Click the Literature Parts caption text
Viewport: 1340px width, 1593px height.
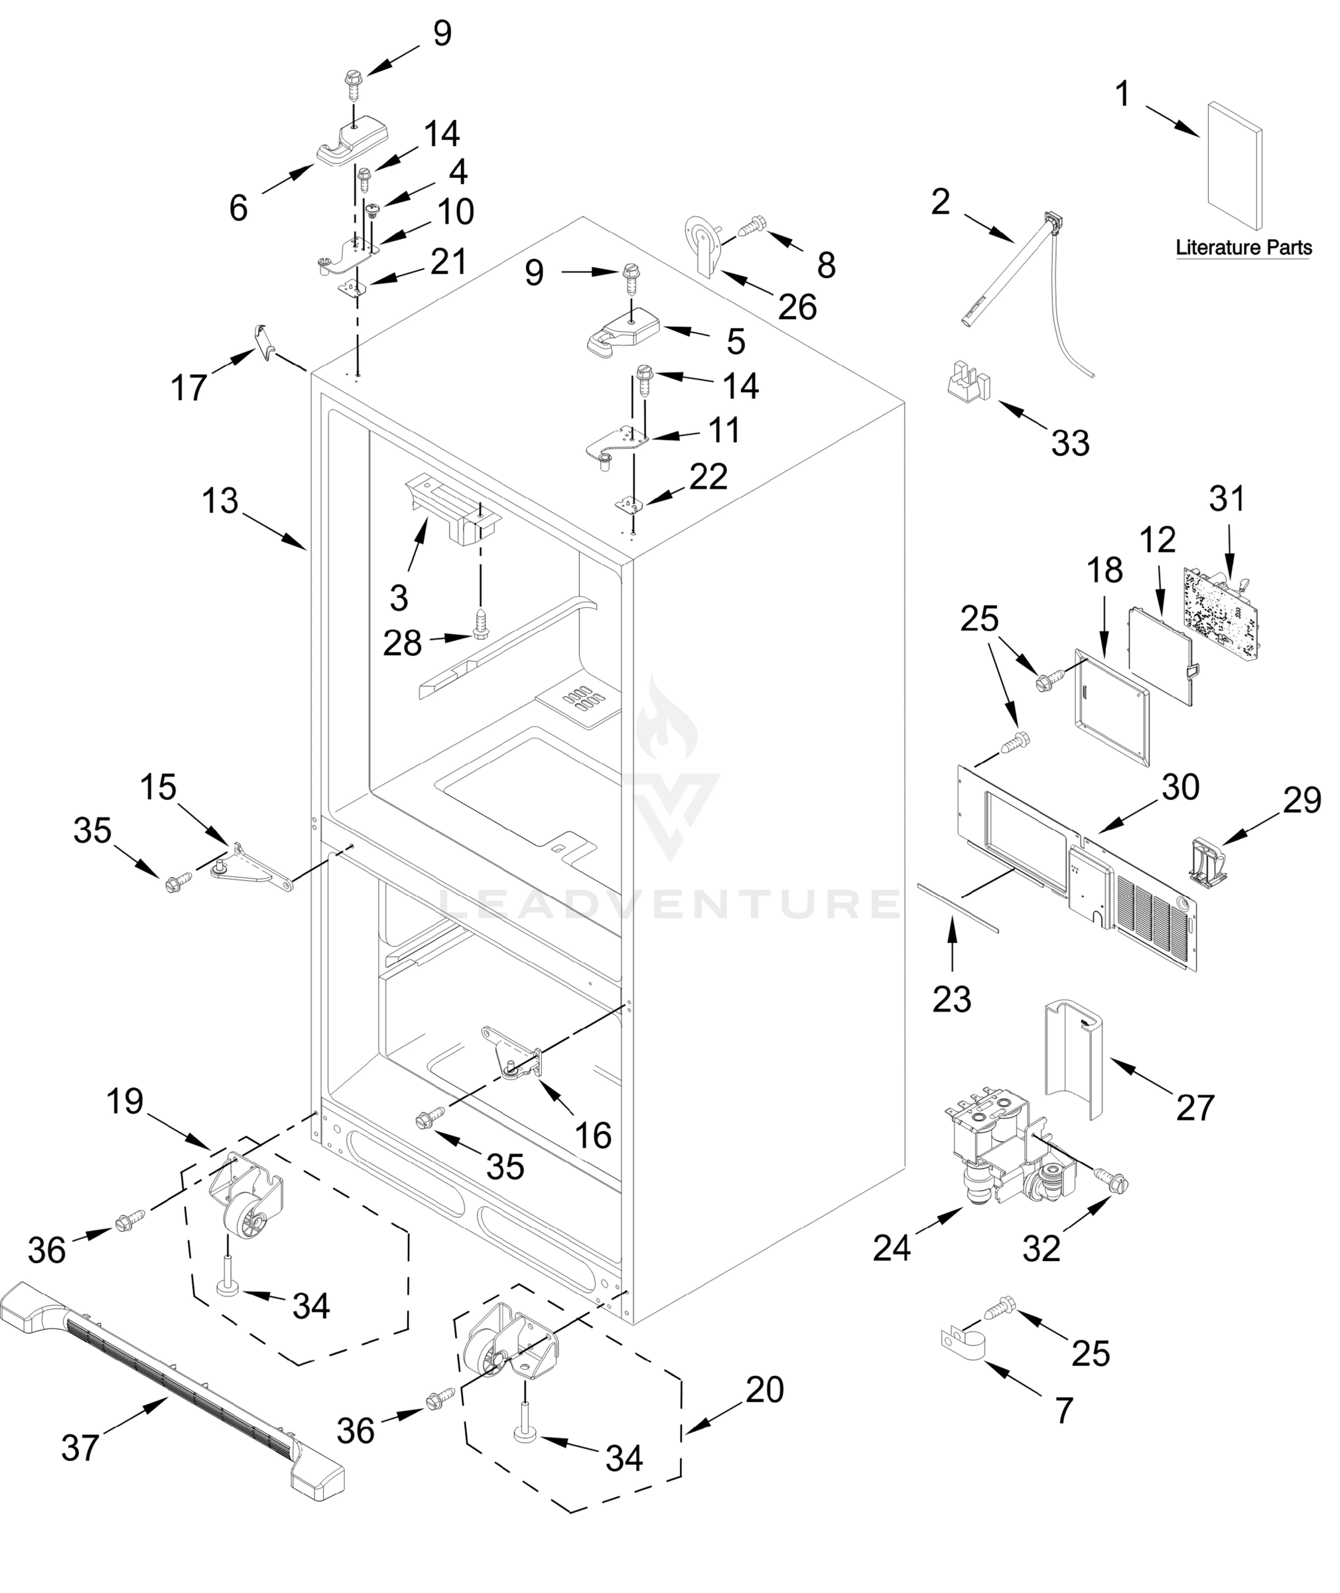coord(1244,248)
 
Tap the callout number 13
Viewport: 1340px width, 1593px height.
coord(220,502)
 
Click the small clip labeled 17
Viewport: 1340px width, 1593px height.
coord(263,340)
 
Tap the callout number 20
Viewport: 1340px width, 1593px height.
coord(764,1390)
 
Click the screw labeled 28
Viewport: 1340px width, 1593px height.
coord(480,624)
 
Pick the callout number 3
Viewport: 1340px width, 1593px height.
coord(399,597)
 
